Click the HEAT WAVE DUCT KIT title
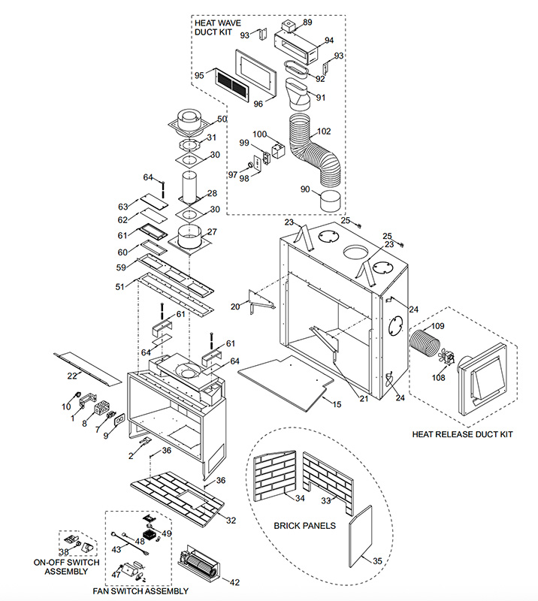click(217, 28)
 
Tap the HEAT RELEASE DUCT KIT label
click(462, 434)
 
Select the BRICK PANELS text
click(304, 525)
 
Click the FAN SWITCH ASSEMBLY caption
click(141, 591)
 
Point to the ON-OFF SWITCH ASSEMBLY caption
click(66, 567)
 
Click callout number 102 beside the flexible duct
click(324, 131)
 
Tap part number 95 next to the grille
click(199, 76)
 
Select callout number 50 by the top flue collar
click(222, 119)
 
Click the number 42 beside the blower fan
click(234, 582)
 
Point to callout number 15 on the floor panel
click(337, 404)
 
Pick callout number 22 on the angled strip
click(72, 376)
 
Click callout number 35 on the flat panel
click(377, 560)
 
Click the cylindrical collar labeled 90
click(330, 201)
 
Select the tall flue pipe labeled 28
click(191, 188)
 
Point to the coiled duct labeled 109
click(423, 343)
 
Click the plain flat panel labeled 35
click(361, 536)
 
